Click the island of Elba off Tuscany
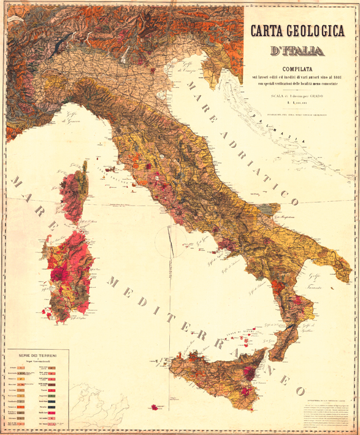pyautogui.click(x=111, y=167)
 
